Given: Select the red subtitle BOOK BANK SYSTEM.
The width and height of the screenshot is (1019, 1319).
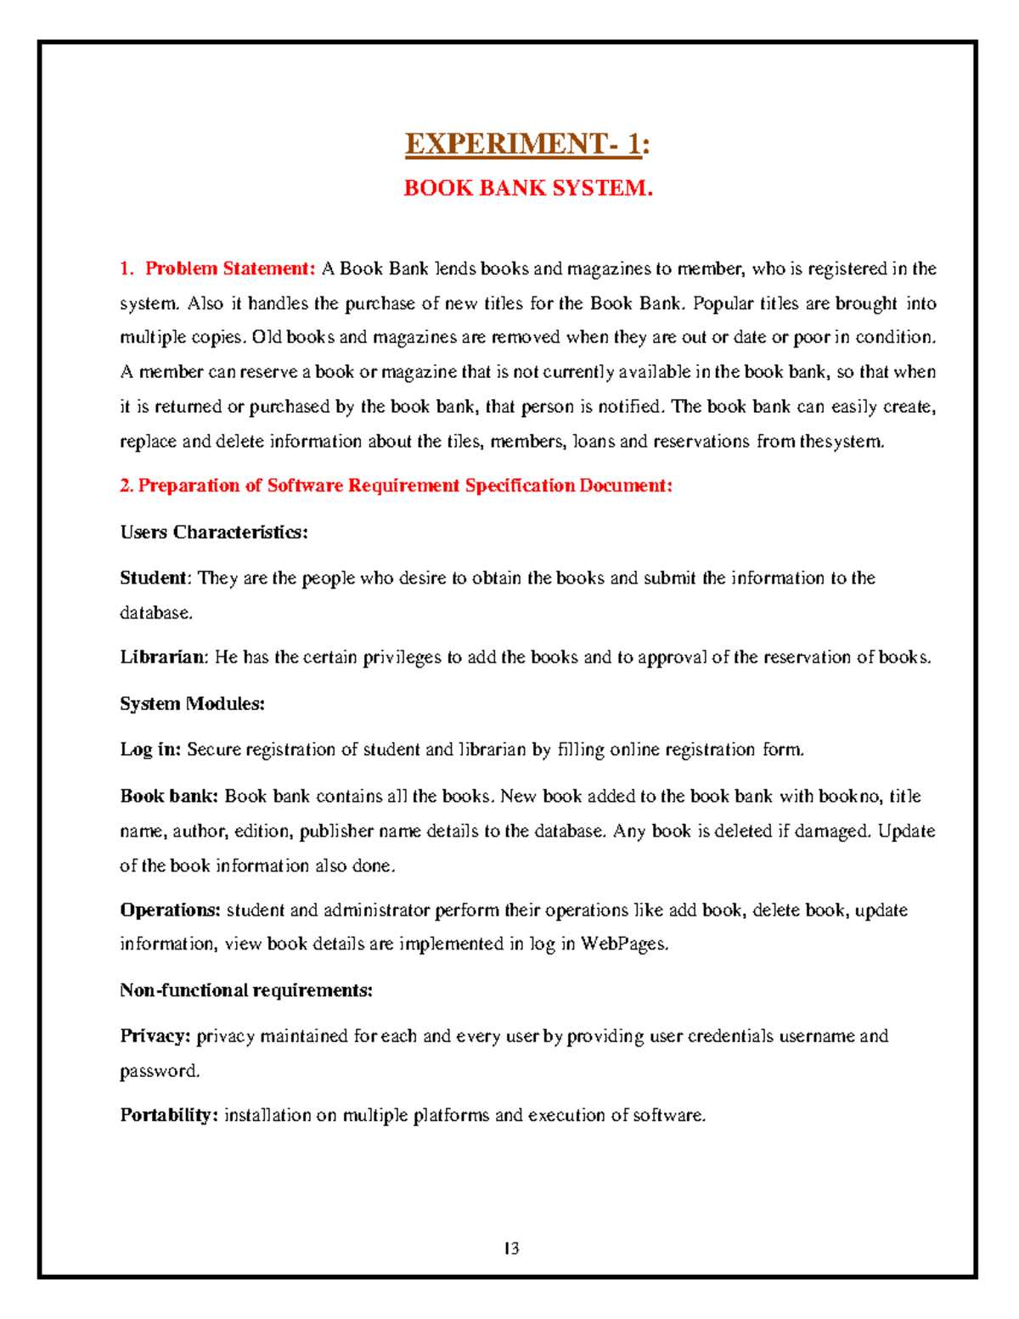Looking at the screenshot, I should [x=527, y=188].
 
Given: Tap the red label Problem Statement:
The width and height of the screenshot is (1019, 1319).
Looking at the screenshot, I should [x=230, y=269].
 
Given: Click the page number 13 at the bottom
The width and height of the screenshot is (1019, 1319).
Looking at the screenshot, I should [x=511, y=1249].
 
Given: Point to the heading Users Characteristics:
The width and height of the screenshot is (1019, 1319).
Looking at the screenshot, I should [x=214, y=533].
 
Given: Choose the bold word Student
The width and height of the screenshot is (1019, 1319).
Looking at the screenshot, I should [x=153, y=578].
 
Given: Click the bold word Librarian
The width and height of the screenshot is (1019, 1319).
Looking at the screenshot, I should [x=162, y=657].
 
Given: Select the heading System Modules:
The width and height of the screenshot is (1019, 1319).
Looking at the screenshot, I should [x=193, y=704].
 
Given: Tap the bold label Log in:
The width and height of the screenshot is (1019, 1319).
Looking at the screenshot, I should [x=150, y=750].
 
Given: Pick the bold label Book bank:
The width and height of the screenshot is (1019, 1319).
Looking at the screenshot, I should [x=169, y=797].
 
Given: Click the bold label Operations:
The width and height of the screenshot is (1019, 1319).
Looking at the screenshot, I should [x=170, y=910].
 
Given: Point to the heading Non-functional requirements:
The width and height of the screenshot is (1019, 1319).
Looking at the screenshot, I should [x=246, y=990].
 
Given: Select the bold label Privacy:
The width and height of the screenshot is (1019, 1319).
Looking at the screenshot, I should [x=155, y=1036].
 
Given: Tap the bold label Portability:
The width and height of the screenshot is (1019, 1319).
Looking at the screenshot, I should [x=169, y=1115].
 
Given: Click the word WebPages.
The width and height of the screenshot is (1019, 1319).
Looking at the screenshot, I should [x=624, y=944].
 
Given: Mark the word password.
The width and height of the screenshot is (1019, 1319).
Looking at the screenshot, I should [x=160, y=1071].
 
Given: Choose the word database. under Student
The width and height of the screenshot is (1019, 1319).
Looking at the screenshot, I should [x=156, y=613].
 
